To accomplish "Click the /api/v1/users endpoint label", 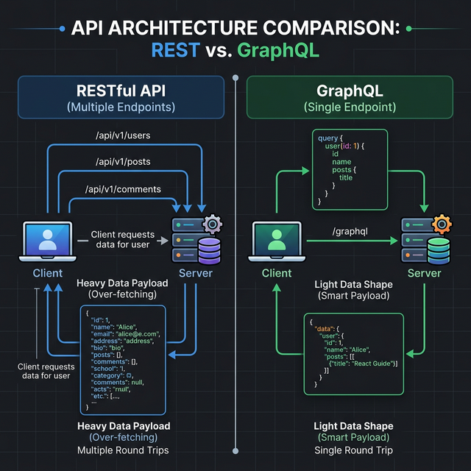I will tap(123, 135).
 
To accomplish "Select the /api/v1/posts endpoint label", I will tap(123, 162).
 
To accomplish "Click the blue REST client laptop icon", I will tap(48, 241).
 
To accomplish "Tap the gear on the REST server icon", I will tap(212, 224).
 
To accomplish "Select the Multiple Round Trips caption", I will tap(123, 450).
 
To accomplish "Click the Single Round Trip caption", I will tap(353, 450).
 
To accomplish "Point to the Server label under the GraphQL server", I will tap(425, 273).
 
